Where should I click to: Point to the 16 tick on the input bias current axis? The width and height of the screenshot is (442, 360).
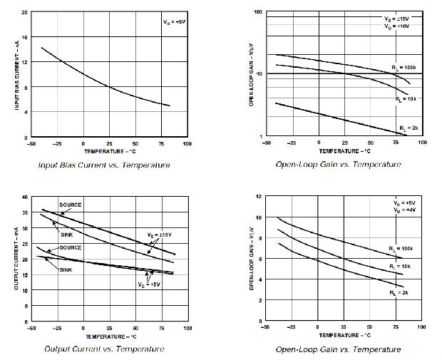25,37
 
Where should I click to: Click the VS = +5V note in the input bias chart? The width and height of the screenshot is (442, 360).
173,23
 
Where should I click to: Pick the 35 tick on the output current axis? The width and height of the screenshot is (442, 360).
25,212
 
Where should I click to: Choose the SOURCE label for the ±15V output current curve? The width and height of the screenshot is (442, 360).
70,205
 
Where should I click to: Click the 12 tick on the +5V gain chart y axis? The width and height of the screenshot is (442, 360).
259,196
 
